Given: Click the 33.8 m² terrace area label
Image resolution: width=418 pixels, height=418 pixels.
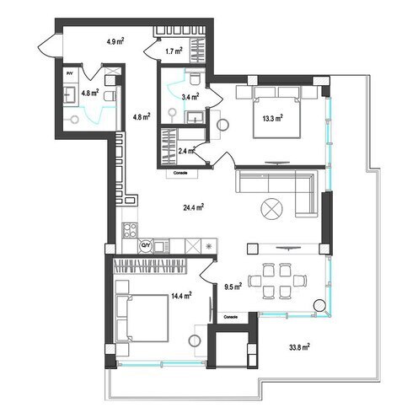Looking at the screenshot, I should point(297,346).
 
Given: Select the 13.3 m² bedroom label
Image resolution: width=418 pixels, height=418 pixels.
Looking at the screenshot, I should point(271,119).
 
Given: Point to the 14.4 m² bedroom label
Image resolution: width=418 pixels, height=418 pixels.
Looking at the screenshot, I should point(179,296).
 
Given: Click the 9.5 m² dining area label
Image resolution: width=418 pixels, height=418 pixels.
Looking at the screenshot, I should point(233,287).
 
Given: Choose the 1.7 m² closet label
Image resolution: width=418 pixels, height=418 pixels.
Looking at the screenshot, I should point(174,51).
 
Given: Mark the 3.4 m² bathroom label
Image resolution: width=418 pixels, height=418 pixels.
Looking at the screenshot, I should point(191,96).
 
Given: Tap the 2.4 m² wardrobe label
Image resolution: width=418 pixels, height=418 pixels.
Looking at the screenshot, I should point(187,151).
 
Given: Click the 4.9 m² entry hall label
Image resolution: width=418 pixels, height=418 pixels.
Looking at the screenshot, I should point(116,40).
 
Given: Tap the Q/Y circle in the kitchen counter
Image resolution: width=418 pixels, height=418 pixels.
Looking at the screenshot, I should point(145,245).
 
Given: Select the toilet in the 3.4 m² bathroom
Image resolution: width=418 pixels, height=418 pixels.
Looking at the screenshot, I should point(194,79).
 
